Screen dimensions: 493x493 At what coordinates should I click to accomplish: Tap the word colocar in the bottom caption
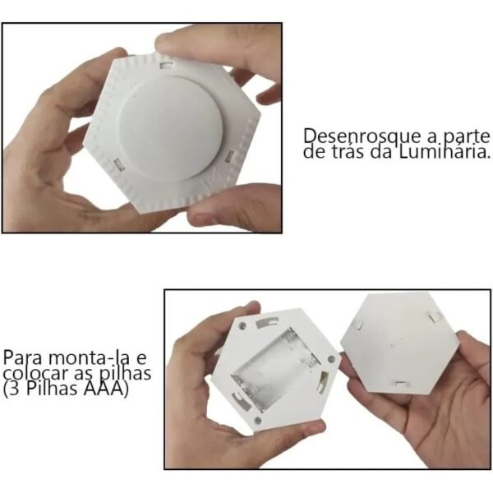[x=31, y=375]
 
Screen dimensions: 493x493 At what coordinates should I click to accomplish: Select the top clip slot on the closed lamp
[x=169, y=61]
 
